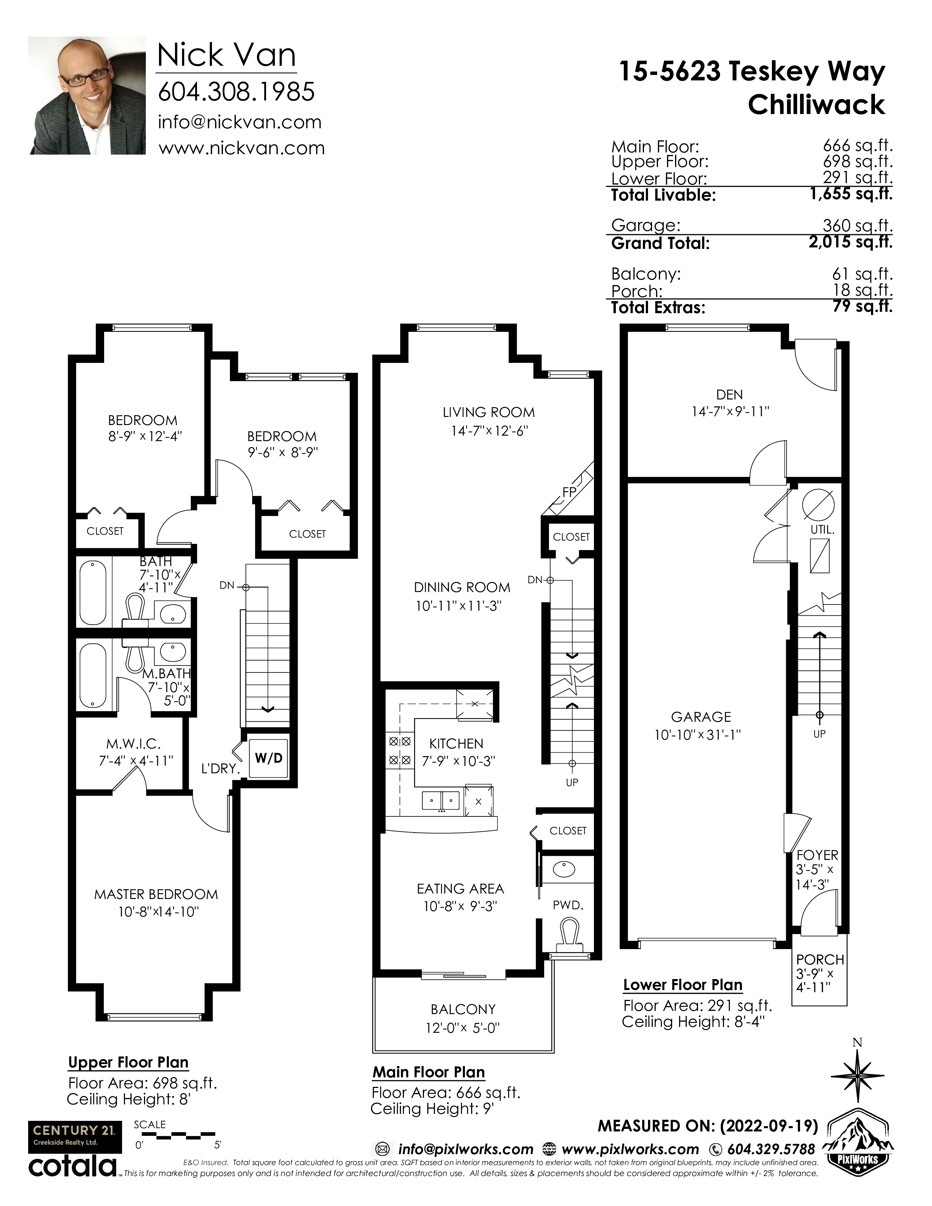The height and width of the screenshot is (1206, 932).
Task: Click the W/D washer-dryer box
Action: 268,758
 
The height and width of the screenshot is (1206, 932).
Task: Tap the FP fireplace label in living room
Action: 569,492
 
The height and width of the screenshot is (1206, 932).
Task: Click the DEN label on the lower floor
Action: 730,395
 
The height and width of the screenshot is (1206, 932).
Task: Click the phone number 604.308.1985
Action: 236,92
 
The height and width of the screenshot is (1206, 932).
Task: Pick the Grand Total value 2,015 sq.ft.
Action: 850,242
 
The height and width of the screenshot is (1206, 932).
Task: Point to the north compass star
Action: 857,1076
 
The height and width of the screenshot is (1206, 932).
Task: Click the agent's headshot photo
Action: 87,95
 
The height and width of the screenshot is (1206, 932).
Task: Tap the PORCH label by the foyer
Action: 820,960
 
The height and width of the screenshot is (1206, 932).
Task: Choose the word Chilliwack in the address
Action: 816,105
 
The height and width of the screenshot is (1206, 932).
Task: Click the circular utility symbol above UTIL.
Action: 818,505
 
